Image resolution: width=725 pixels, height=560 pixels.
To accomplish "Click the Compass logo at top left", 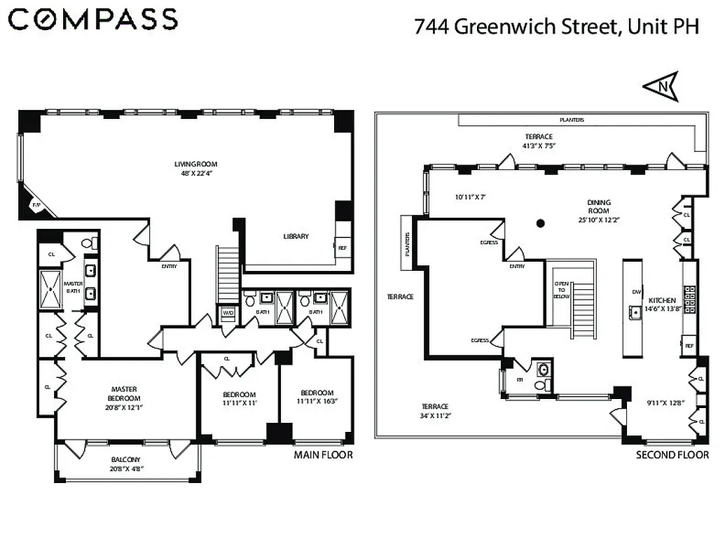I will pyautogui.click(x=92, y=20).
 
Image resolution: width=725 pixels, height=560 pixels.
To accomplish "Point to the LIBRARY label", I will pyautogui.click(x=296, y=237).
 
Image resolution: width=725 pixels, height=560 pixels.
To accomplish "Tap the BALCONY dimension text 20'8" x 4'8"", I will pyautogui.click(x=126, y=470).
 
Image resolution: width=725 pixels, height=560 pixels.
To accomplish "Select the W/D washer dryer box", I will pyautogui.click(x=228, y=313).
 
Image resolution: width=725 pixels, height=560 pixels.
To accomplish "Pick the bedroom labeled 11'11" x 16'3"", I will pyautogui.click(x=317, y=397).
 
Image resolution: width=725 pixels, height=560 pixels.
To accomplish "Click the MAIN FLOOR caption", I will pyautogui.click(x=323, y=456).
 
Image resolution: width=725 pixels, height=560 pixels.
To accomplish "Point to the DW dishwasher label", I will pyautogui.click(x=636, y=292).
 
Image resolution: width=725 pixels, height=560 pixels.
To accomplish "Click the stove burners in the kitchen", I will pyautogui.click(x=690, y=297).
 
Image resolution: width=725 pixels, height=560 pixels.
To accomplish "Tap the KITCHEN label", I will pyautogui.click(x=661, y=300).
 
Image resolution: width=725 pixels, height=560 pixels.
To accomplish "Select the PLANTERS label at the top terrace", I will pyautogui.click(x=572, y=120).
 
